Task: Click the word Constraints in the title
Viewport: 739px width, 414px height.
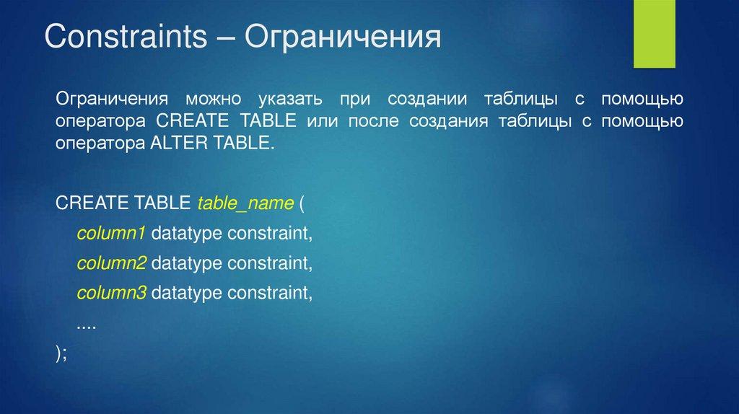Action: coord(126,36)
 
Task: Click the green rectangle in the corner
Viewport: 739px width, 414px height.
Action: coord(654,34)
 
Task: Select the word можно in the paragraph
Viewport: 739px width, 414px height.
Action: coord(213,100)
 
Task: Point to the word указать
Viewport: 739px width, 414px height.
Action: coord(290,100)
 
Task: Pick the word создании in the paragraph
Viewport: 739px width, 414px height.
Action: coord(427,100)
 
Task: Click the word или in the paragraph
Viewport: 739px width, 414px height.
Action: coord(323,121)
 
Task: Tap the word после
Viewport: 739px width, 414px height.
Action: coord(373,121)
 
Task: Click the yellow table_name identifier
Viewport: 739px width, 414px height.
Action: coord(245,203)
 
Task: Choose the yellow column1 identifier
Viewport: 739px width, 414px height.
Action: coord(111,233)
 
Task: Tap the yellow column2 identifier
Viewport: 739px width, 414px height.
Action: coord(112,263)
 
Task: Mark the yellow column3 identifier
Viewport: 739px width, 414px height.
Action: coord(112,293)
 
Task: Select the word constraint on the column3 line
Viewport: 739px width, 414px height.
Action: coord(270,294)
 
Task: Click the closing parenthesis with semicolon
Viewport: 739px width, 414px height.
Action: coord(61,353)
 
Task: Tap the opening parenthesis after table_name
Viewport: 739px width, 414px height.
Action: coord(302,203)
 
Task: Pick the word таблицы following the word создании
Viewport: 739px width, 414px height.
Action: coord(521,100)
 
